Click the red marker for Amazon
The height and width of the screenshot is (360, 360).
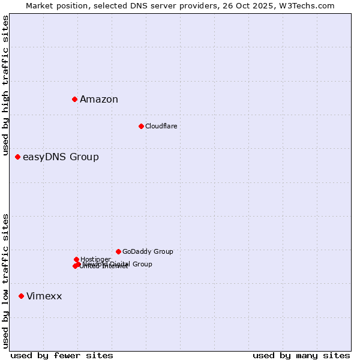click(74, 99)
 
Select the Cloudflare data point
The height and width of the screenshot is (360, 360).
click(141, 126)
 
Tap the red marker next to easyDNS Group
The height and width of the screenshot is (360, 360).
click(17, 157)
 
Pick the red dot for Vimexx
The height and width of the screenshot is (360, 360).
click(21, 296)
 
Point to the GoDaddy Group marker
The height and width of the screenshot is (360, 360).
click(118, 251)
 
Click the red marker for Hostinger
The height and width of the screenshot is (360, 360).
click(76, 259)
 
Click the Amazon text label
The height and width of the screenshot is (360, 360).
click(99, 100)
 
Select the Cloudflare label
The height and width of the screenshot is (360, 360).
click(161, 126)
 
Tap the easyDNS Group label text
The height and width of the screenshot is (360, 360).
click(61, 157)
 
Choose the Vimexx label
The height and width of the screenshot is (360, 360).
click(44, 296)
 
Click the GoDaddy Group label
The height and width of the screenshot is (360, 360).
click(148, 251)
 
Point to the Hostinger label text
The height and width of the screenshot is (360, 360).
click(95, 259)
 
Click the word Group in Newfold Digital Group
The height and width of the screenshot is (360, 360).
click(143, 264)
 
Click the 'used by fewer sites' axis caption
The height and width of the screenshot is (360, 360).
click(62, 355)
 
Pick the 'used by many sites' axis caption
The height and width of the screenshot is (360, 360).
click(301, 355)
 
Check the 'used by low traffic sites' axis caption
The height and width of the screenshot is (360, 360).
click(5, 281)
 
